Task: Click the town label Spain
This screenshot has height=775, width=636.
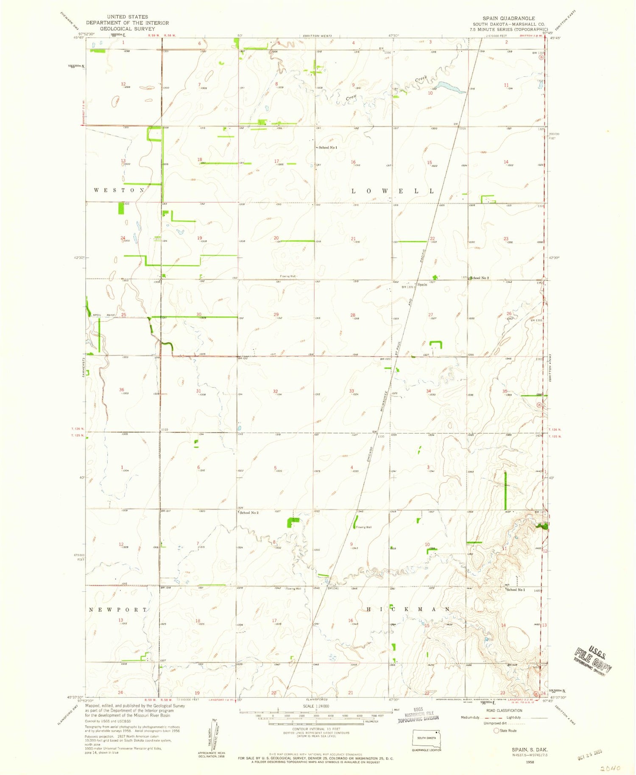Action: tap(422, 285)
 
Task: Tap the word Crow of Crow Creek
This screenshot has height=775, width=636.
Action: tap(351, 98)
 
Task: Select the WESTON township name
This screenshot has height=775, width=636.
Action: tap(119, 190)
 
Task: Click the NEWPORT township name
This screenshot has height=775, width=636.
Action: tap(118, 610)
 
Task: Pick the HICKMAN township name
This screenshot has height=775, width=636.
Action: tap(408, 609)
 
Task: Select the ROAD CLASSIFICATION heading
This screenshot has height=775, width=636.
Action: tap(504, 711)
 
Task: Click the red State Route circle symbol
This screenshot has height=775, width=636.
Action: tap(496, 730)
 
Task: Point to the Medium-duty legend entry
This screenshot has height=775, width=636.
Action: tap(471, 717)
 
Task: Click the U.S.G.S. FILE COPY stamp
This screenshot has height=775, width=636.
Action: tap(593, 661)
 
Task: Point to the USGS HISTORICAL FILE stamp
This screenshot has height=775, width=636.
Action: tap(418, 715)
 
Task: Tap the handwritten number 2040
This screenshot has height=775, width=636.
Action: tap(611, 768)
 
